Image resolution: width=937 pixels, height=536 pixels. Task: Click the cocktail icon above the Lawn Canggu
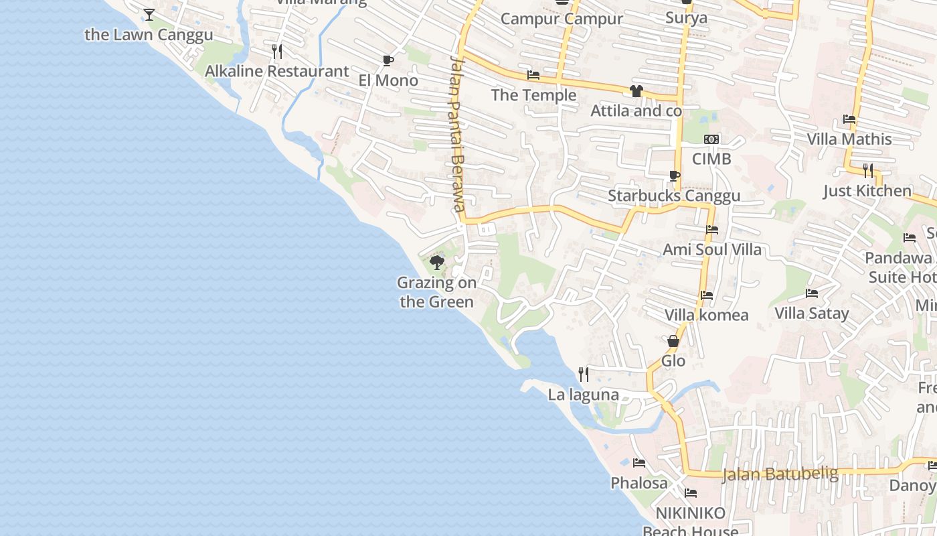coord(149,14)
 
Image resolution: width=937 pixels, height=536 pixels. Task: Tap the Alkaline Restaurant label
coord(276,71)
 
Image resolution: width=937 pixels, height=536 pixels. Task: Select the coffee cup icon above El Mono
coord(388,61)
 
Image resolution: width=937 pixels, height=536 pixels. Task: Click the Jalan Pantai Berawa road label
coord(457,134)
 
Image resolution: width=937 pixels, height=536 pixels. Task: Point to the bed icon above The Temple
coord(533,75)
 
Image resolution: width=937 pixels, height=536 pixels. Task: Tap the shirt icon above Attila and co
coord(636,91)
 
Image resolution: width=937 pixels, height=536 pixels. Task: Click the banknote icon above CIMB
coord(711,139)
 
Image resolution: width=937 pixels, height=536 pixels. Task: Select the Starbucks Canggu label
coord(673,196)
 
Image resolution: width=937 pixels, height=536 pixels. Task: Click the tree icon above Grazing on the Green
coord(437,262)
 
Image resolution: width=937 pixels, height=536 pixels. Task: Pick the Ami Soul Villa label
coord(711,249)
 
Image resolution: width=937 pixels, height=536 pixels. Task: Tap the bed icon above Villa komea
coord(706,295)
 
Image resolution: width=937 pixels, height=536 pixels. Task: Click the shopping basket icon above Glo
coord(673,342)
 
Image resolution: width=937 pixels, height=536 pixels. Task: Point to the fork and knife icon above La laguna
coord(584,374)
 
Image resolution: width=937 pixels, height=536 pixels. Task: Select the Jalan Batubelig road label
coord(780,474)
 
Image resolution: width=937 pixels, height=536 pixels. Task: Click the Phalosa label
coord(638,482)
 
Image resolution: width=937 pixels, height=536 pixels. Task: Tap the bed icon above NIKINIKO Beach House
coord(691,493)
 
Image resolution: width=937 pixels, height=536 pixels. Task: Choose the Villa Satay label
coord(811,313)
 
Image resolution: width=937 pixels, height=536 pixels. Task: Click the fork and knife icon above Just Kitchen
coord(867,170)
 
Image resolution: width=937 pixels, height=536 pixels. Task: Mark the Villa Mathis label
coord(849,139)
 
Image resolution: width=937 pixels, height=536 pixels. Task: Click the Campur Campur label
coord(561,19)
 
